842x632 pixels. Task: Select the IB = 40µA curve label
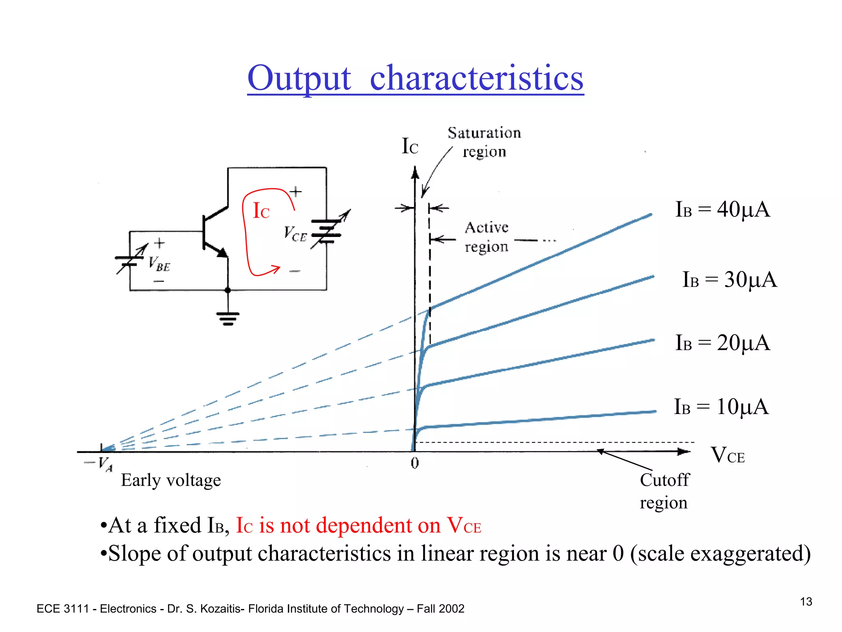pyautogui.click(x=722, y=209)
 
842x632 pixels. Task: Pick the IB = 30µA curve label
pyautogui.click(x=729, y=280)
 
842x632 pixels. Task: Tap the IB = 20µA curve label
pyautogui.click(x=722, y=343)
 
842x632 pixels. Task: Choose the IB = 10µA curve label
pyautogui.click(x=721, y=407)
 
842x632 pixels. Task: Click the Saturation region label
pyautogui.click(x=484, y=142)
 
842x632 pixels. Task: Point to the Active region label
pyautogui.click(x=486, y=237)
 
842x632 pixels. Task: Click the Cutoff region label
pyautogui.click(x=664, y=491)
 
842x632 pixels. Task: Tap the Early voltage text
pyautogui.click(x=171, y=480)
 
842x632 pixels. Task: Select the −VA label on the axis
pyautogui.click(x=99, y=464)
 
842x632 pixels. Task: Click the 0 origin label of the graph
pyautogui.click(x=414, y=463)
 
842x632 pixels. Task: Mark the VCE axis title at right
pyautogui.click(x=727, y=455)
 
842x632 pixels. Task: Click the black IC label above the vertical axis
pyautogui.click(x=409, y=146)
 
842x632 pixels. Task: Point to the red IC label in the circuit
pyautogui.click(x=261, y=211)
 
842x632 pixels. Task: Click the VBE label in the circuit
pyautogui.click(x=159, y=264)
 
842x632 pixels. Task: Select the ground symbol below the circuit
pyautogui.click(x=228, y=318)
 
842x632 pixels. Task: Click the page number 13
pyautogui.click(x=806, y=602)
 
